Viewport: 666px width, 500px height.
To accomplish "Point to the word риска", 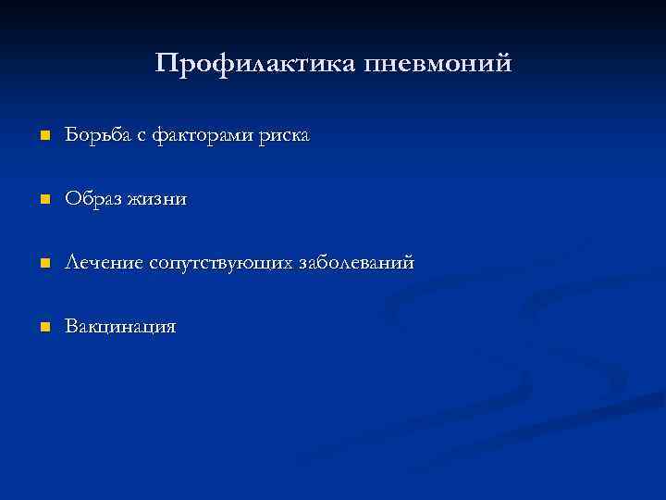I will click(285, 136).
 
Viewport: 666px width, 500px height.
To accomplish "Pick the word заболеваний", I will click(357, 264).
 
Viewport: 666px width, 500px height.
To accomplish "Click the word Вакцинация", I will click(120, 328).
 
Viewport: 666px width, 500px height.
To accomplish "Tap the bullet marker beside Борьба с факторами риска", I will click(43, 137).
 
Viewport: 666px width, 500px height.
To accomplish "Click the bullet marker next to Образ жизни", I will click(43, 201).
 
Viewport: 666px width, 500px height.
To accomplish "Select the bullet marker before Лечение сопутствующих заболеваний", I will click(43, 265).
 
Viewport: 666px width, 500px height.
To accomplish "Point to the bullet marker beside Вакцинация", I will click(43, 329).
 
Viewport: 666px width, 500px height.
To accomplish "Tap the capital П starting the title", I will click(166, 64).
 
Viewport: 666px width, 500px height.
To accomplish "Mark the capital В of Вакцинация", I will click(70, 328).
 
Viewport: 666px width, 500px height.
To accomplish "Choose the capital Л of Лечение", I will click(72, 264).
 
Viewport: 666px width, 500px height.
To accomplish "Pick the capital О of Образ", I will click(72, 200).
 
